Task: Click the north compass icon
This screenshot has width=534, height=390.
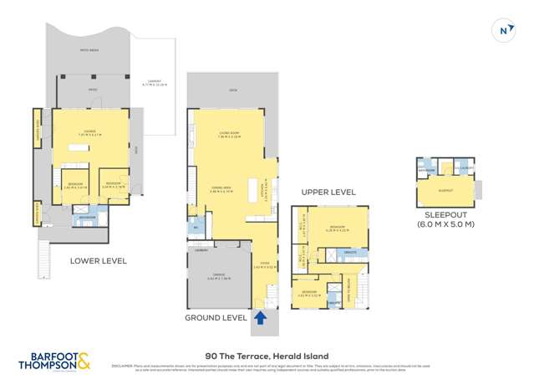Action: click(504, 30)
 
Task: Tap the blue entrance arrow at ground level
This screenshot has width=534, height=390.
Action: click(259, 317)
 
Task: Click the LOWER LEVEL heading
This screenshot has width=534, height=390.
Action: click(98, 261)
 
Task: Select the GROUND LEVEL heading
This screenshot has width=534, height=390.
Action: click(216, 318)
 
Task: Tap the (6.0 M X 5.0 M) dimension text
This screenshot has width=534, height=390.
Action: click(445, 224)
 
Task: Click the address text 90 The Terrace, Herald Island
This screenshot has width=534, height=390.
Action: click(267, 356)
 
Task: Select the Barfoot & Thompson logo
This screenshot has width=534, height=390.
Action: click(57, 362)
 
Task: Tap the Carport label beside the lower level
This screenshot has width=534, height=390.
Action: click(155, 83)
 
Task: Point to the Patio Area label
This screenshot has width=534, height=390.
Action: click(89, 50)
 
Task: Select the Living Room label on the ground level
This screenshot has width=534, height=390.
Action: click(230, 133)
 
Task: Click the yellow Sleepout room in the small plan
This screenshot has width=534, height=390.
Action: click(445, 191)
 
